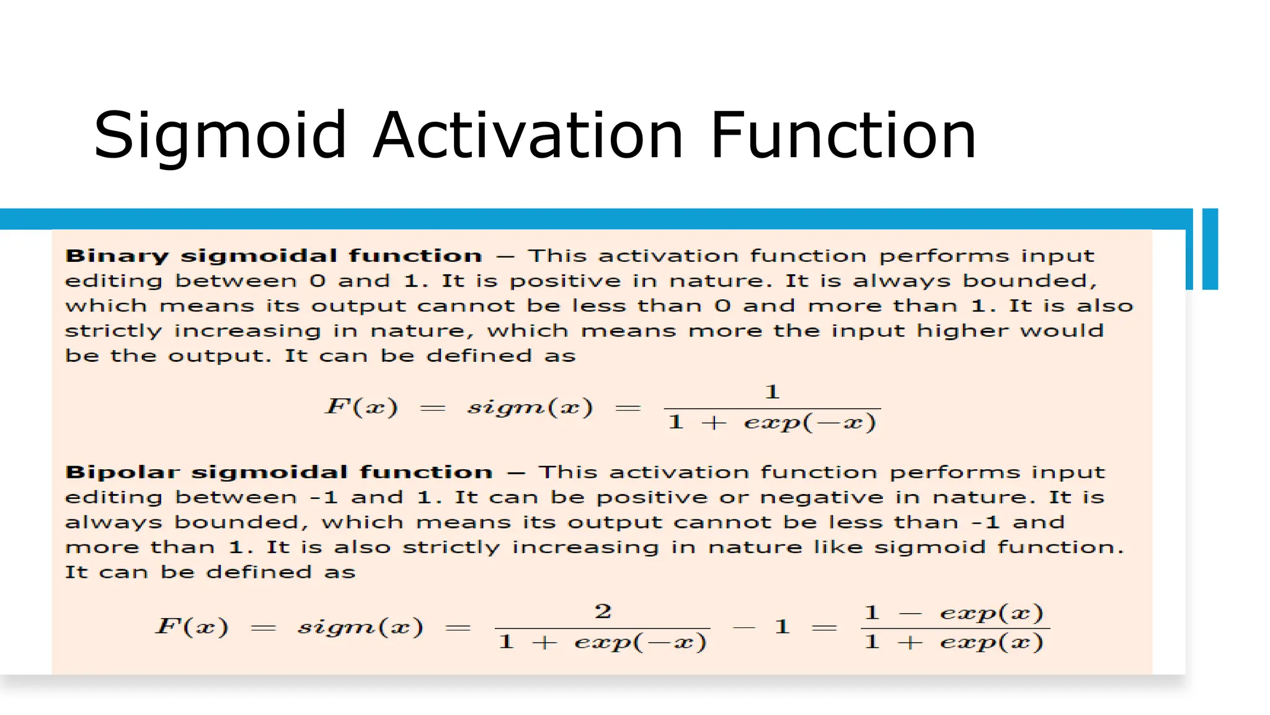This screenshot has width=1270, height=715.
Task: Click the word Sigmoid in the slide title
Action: pos(220,136)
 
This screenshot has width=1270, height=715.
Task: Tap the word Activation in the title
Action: pos(528,135)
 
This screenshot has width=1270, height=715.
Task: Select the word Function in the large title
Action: pos(843,135)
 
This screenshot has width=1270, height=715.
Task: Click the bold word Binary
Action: pos(117,256)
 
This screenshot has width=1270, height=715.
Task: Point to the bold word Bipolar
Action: pos(122,472)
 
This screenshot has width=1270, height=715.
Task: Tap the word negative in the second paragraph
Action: pos(822,498)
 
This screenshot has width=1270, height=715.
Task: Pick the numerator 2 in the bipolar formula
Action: pos(603,611)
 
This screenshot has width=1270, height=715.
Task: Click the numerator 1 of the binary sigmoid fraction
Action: pos(772,392)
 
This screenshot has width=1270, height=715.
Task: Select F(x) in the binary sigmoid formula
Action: pos(362,407)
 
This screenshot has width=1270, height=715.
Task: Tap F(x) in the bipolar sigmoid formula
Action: pos(192,626)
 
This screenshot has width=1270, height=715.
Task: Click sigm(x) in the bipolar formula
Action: pos(360,627)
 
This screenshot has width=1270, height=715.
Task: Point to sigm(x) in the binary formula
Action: pos(530,408)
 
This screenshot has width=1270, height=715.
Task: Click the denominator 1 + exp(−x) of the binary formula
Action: pos(772,423)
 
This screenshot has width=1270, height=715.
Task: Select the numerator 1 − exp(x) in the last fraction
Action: pos(954,613)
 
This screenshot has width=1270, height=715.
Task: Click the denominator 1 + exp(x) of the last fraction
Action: pos(954,642)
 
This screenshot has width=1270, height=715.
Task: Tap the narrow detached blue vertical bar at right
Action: pos(1210,249)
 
